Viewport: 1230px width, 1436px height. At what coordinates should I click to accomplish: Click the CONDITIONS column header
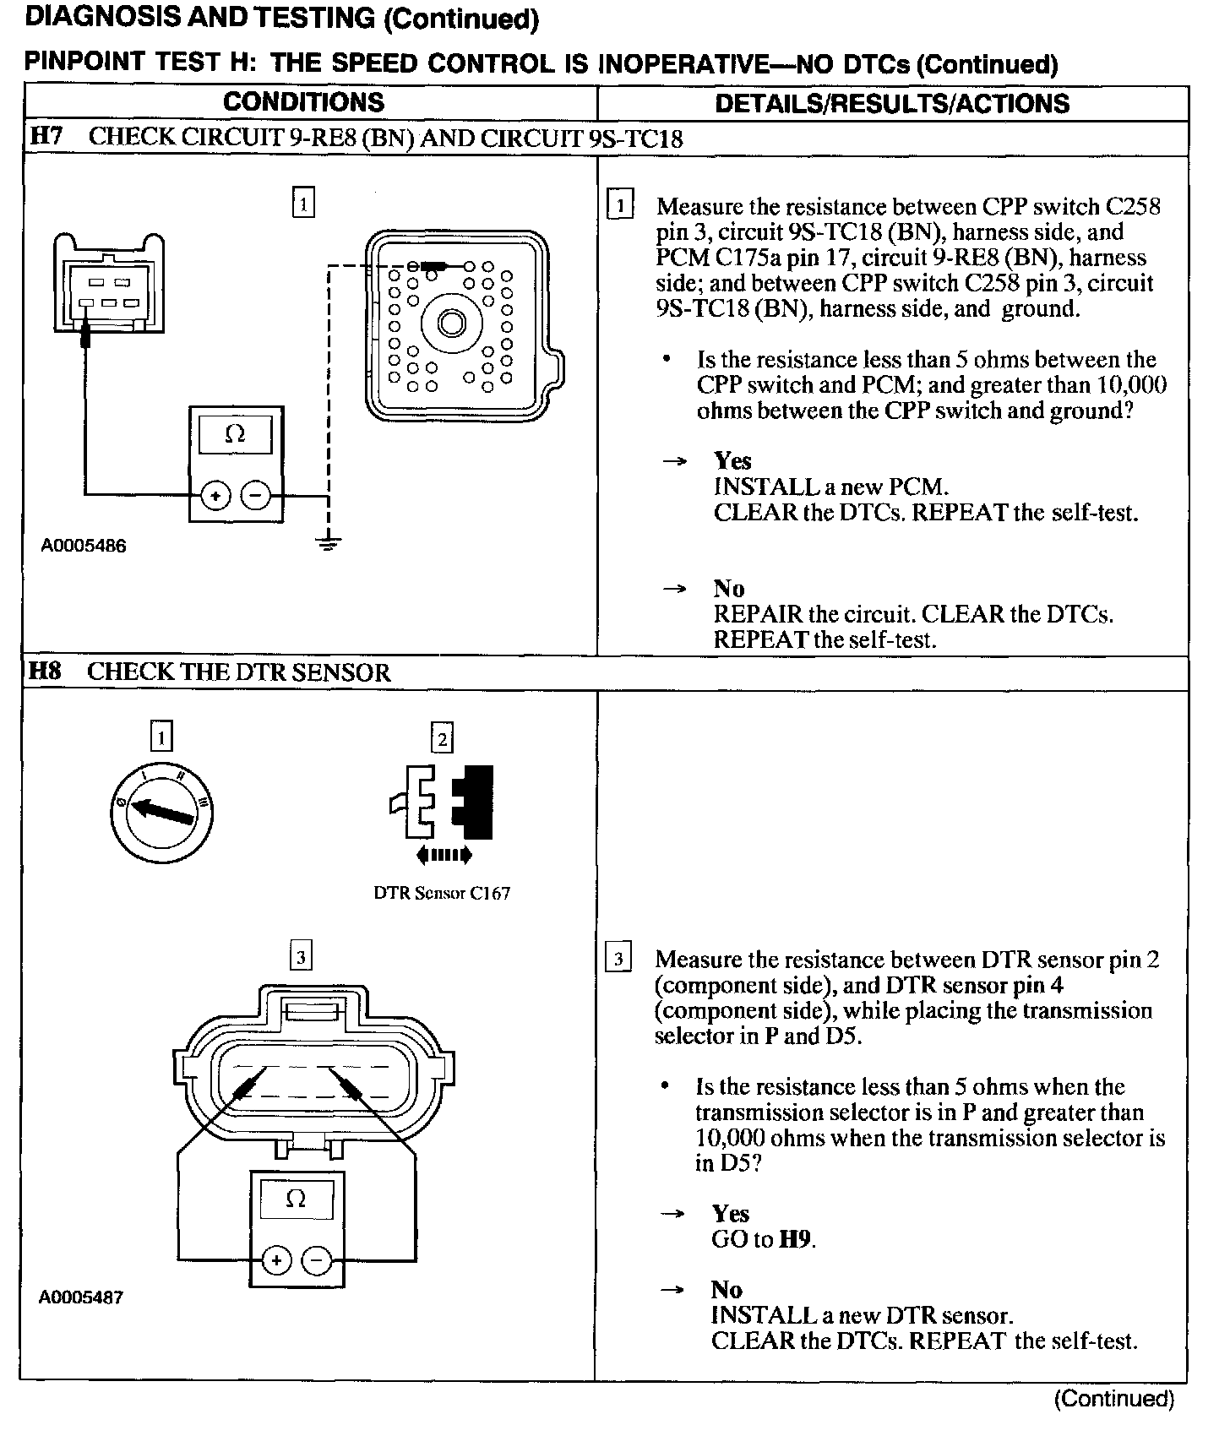[303, 102]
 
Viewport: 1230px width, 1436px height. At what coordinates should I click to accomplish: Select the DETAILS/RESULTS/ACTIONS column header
[891, 103]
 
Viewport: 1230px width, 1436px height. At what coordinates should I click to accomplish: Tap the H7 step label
[46, 136]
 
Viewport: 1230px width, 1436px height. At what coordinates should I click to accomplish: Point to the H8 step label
[46, 672]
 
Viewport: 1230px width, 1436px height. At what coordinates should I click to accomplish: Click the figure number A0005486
[84, 546]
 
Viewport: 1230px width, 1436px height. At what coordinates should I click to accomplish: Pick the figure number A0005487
[81, 1297]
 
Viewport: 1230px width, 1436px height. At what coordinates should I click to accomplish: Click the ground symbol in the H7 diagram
[329, 543]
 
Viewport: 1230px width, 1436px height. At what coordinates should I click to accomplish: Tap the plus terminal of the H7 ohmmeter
[215, 496]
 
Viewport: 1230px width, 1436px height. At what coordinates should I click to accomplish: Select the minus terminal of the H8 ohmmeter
[317, 1261]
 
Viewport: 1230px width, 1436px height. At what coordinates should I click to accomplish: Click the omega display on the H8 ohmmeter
[296, 1199]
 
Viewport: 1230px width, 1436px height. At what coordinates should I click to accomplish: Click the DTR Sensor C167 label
[442, 893]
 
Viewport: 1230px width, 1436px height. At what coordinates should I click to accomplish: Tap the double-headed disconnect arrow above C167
[444, 856]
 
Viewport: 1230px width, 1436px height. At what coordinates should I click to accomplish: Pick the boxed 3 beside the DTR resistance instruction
[618, 959]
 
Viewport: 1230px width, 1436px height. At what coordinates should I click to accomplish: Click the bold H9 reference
[795, 1239]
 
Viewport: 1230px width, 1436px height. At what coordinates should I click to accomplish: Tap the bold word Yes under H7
[732, 460]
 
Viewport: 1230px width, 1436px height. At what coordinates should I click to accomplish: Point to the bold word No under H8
[727, 1289]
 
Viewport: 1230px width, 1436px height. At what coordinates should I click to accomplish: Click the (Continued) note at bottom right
[1113, 1399]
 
